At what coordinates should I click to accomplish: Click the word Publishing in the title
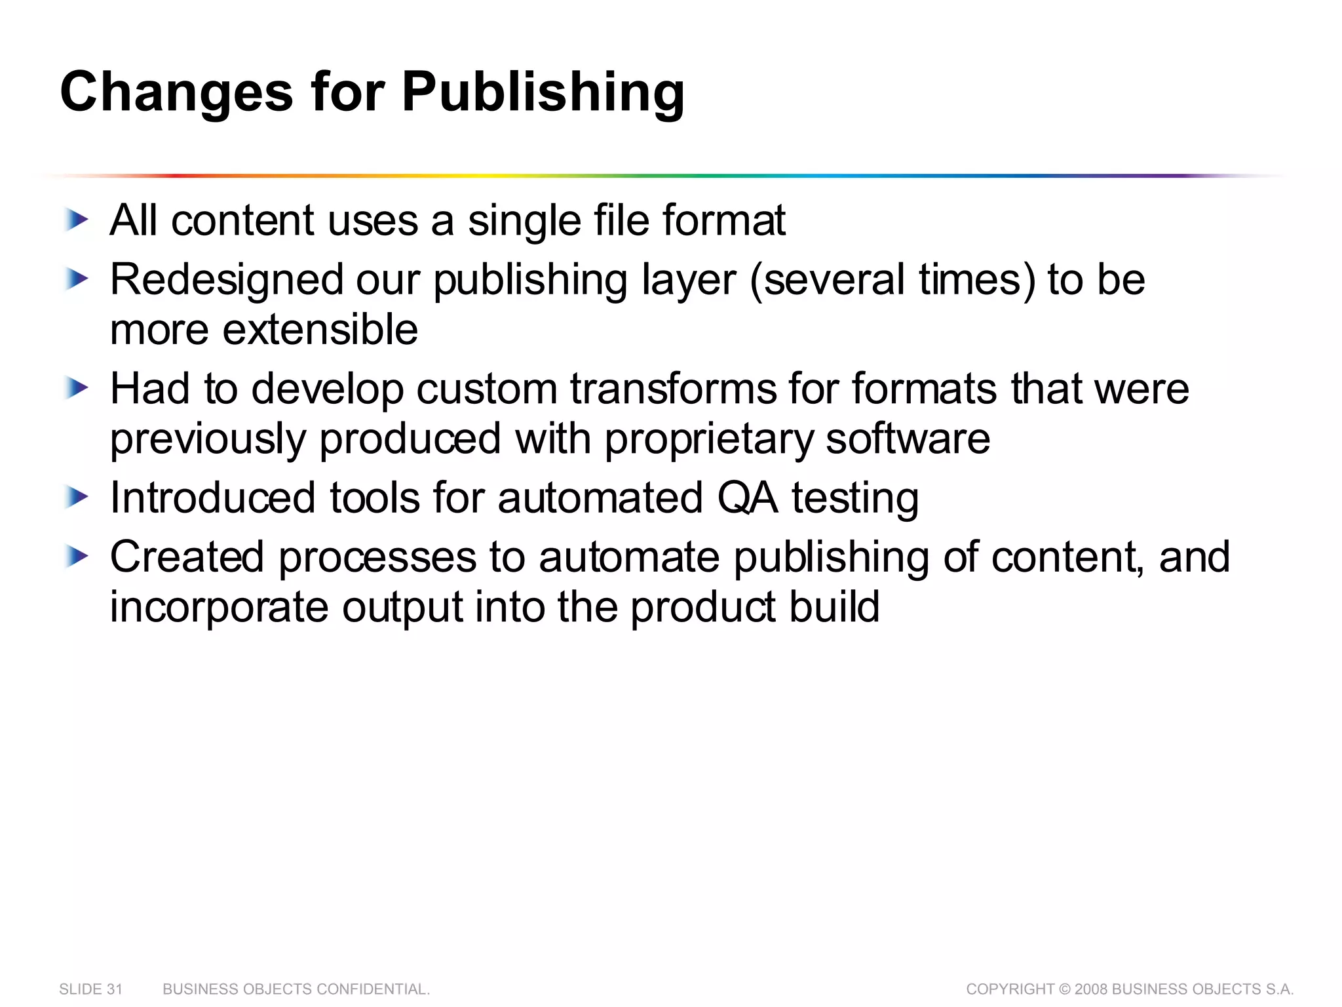(x=543, y=92)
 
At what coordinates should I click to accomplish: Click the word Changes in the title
(x=176, y=92)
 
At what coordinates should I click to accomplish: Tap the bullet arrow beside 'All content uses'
(x=77, y=220)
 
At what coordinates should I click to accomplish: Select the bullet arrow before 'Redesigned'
(x=77, y=280)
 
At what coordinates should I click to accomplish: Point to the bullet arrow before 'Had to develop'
(x=77, y=389)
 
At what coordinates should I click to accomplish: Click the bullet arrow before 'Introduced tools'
(x=77, y=498)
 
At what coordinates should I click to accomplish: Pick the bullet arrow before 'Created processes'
(x=77, y=557)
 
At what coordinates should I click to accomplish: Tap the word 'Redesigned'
(x=226, y=280)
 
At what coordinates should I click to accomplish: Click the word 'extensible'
(x=320, y=329)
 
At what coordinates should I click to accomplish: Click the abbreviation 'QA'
(x=748, y=498)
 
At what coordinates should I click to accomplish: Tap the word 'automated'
(x=600, y=498)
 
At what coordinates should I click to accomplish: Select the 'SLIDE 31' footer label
(x=90, y=989)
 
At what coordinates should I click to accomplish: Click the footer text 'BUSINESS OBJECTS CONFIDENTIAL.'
(x=296, y=989)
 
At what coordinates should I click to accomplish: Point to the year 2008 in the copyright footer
(x=1092, y=989)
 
